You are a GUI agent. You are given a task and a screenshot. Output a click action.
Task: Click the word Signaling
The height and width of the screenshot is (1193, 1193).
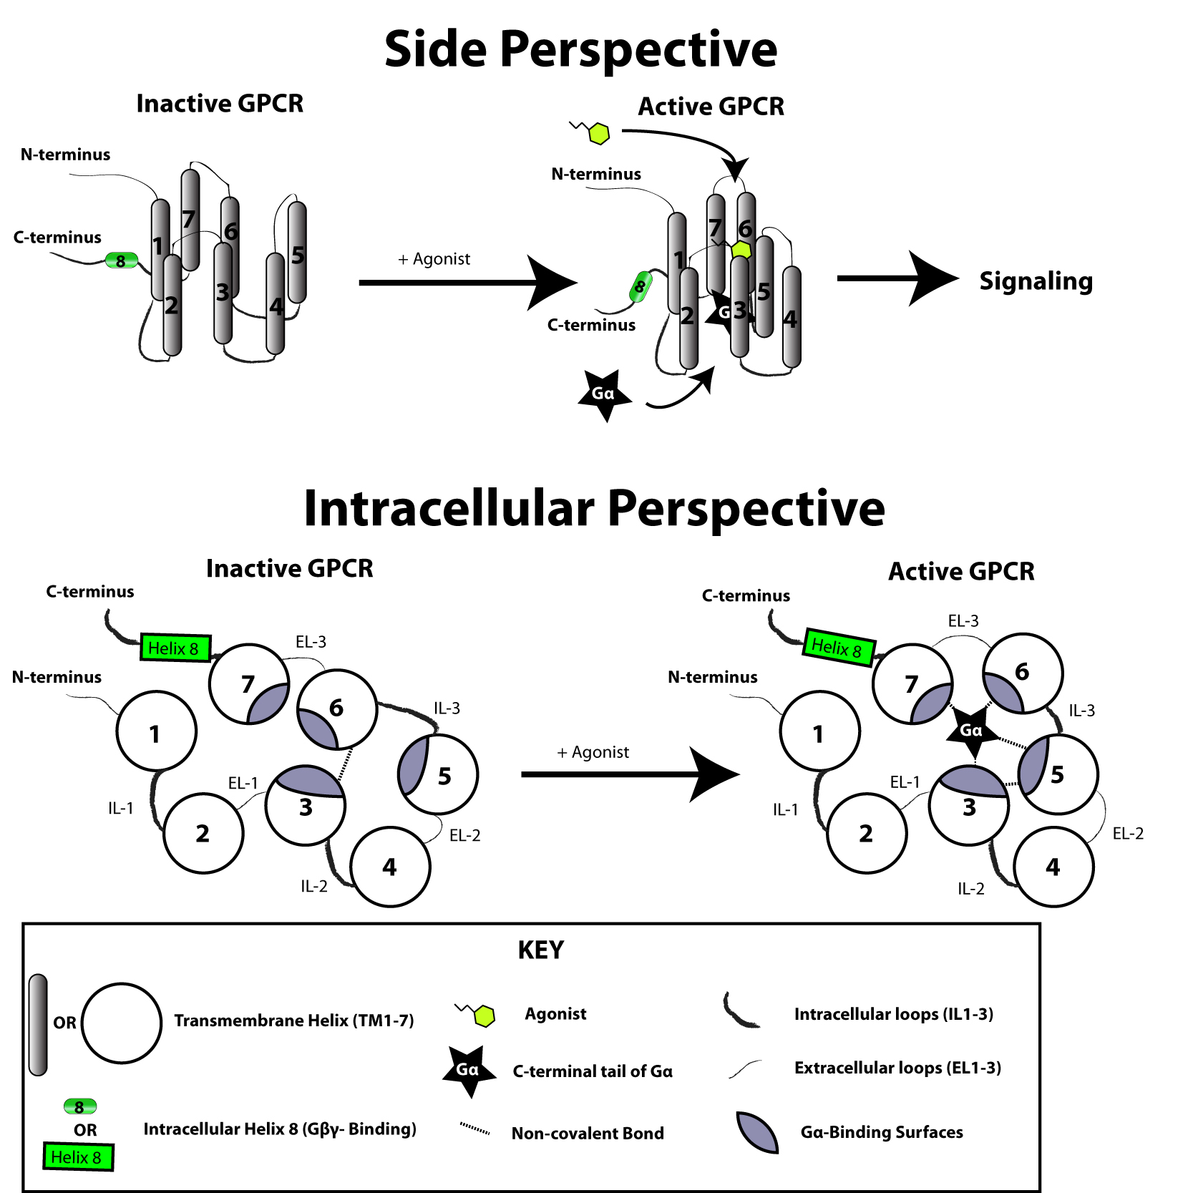[1036, 281]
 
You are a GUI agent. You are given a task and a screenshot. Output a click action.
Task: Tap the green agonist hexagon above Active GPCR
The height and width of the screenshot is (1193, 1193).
[598, 133]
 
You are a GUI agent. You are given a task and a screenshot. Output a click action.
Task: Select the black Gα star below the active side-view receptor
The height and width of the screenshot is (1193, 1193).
[605, 394]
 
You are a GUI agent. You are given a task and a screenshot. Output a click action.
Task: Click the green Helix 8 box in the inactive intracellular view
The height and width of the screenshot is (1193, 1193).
[175, 648]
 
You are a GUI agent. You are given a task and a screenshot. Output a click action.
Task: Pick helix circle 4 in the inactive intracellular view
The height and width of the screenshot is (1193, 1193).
[391, 867]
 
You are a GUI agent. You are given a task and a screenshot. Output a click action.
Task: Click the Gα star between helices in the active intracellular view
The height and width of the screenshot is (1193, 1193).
[971, 731]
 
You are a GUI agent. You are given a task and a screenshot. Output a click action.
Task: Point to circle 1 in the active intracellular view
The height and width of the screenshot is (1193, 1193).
[819, 731]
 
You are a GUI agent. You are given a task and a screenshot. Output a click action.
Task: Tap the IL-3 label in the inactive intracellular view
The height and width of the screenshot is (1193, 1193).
[447, 709]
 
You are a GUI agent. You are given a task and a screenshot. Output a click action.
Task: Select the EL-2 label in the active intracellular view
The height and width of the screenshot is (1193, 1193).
[1128, 834]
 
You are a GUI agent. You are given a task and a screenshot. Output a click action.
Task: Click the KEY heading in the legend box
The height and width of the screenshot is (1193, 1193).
[541, 950]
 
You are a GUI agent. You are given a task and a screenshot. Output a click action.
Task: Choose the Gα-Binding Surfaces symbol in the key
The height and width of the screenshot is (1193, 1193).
[757, 1131]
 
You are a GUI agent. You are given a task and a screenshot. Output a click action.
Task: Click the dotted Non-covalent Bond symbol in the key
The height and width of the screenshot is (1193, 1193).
[474, 1129]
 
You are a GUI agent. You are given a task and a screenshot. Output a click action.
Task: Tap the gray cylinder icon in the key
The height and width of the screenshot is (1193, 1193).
[38, 1024]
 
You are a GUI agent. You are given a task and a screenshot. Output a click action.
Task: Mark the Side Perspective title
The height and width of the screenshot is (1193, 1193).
[580, 49]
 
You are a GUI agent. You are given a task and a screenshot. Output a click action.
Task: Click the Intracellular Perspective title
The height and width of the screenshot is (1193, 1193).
[594, 509]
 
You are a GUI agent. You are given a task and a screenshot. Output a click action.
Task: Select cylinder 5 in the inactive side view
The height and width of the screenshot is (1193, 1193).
[297, 252]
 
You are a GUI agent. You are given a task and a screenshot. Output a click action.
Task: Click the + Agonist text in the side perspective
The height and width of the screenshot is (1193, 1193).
[434, 259]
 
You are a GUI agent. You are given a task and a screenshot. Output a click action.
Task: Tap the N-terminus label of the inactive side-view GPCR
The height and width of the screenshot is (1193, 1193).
[65, 155]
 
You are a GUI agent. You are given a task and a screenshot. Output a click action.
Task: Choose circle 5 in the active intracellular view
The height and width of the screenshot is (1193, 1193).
[1058, 774]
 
